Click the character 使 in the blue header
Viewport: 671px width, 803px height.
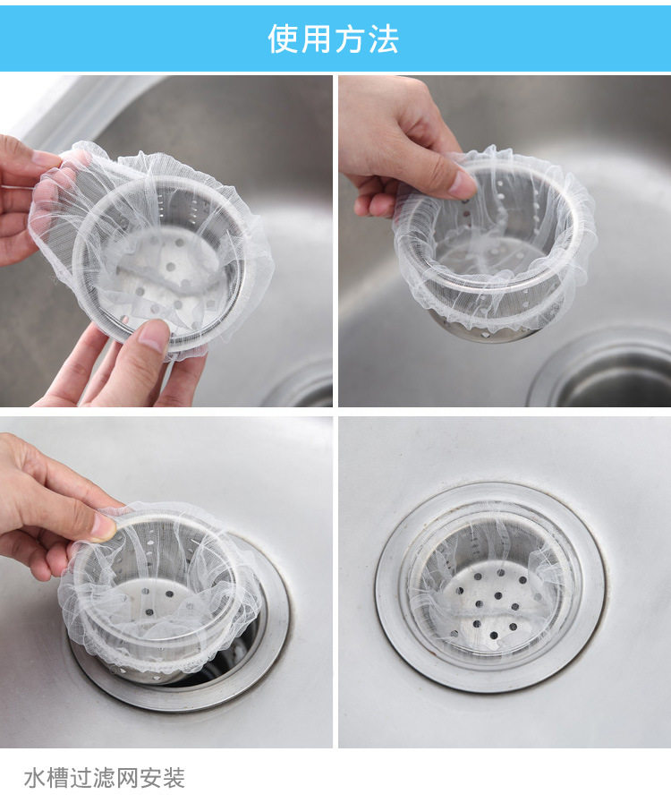283,38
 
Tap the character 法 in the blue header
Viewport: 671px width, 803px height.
383,38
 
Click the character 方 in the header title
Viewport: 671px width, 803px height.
350,38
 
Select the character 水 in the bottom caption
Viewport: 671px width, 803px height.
34,777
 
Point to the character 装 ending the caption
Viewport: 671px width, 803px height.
174,777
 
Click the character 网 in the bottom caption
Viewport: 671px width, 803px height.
127,777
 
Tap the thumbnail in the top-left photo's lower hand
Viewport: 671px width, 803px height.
154,335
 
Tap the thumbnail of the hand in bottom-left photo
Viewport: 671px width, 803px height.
104,526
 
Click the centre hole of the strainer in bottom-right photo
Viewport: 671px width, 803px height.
497,595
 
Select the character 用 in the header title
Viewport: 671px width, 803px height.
317,38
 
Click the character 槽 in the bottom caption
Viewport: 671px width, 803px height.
57,777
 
